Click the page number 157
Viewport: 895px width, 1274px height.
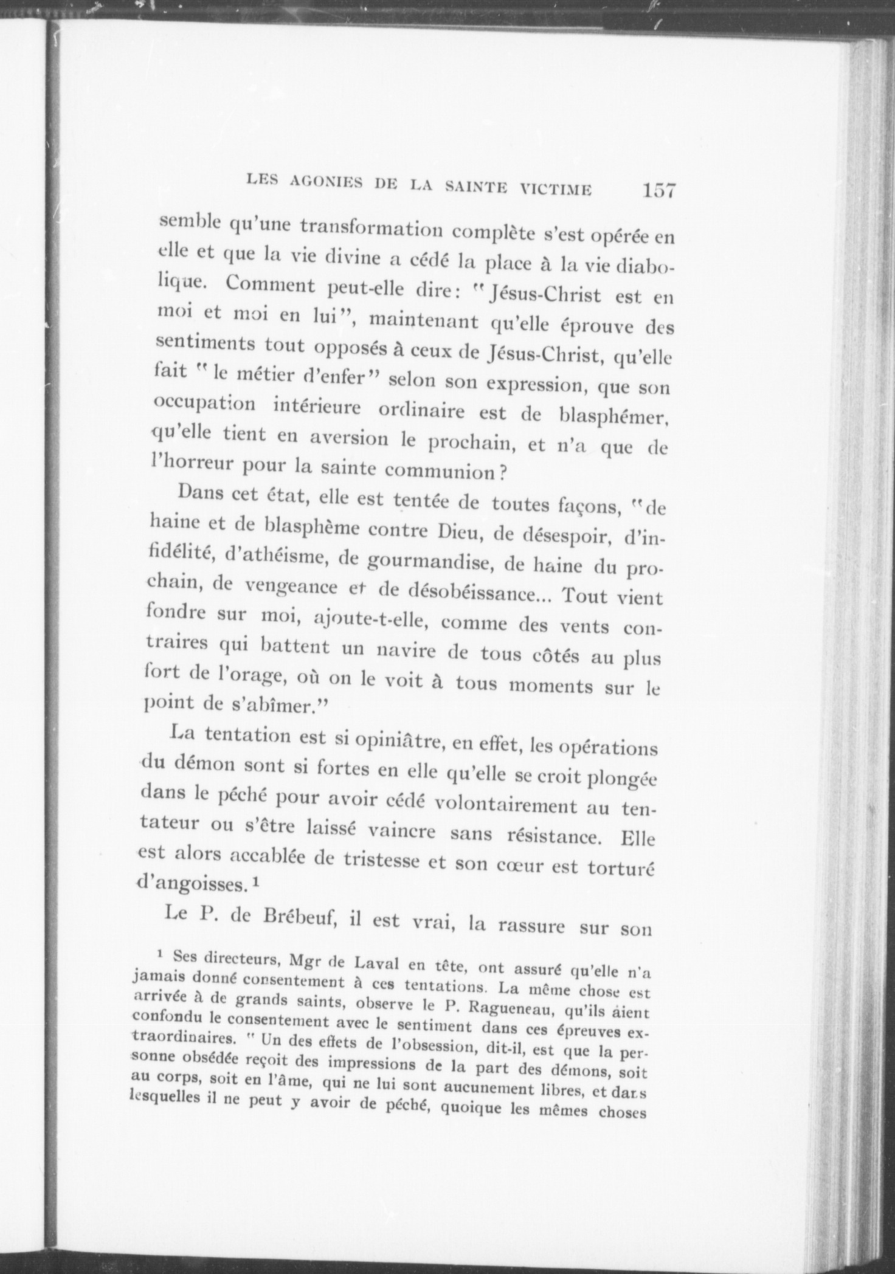[658, 191]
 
